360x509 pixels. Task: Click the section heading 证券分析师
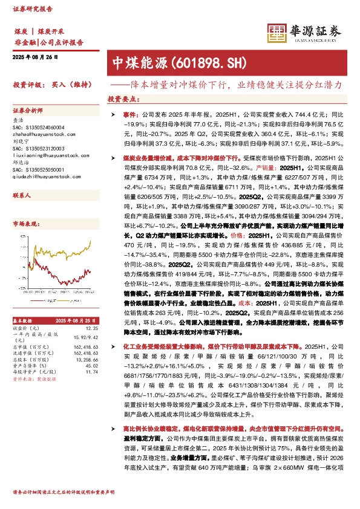point(28,111)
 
